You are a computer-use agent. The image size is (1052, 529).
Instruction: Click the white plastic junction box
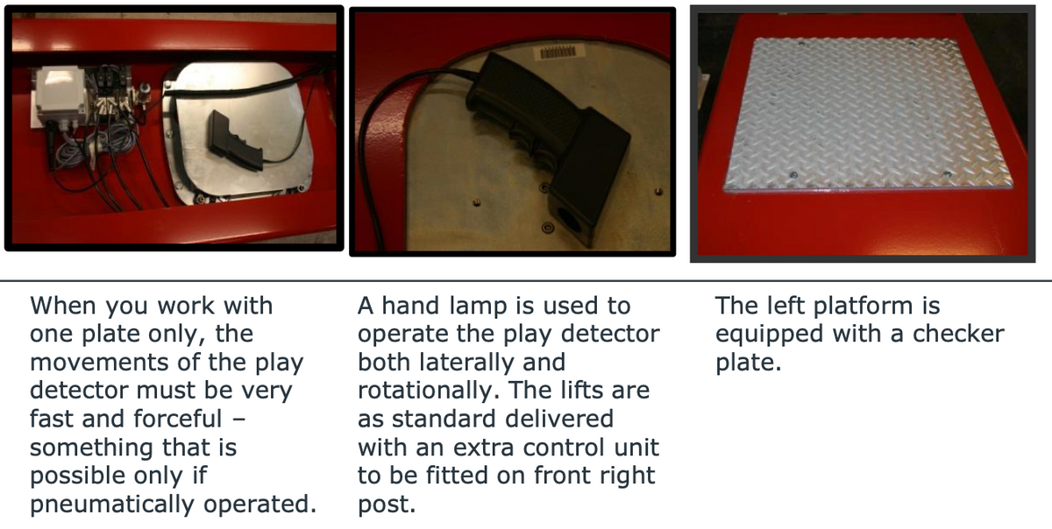pos(61,95)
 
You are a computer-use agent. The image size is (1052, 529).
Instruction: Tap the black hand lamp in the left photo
pos(235,140)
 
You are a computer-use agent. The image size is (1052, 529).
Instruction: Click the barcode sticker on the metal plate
pos(558,52)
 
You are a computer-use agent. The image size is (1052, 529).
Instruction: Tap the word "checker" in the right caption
pos(958,334)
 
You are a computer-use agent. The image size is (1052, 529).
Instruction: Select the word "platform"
pos(864,307)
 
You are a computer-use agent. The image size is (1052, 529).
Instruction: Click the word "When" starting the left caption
pos(63,306)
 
